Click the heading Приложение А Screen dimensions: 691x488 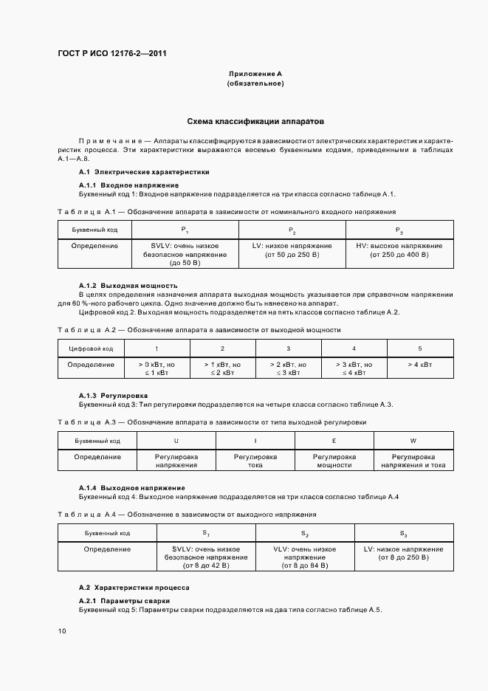(255, 75)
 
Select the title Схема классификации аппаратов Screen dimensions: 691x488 (255, 121)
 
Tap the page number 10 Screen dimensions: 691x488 (62, 631)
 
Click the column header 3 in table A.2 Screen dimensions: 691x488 (288, 348)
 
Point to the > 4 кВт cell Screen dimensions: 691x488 (419, 364)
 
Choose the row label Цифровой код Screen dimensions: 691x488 (91, 348)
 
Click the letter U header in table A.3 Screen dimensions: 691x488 (176, 441)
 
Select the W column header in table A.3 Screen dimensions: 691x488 (413, 441)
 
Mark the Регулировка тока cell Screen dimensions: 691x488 (255, 461)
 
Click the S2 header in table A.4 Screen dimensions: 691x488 (304, 533)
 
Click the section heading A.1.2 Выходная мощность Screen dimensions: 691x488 (128, 285)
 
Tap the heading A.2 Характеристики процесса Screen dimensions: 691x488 (134, 588)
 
